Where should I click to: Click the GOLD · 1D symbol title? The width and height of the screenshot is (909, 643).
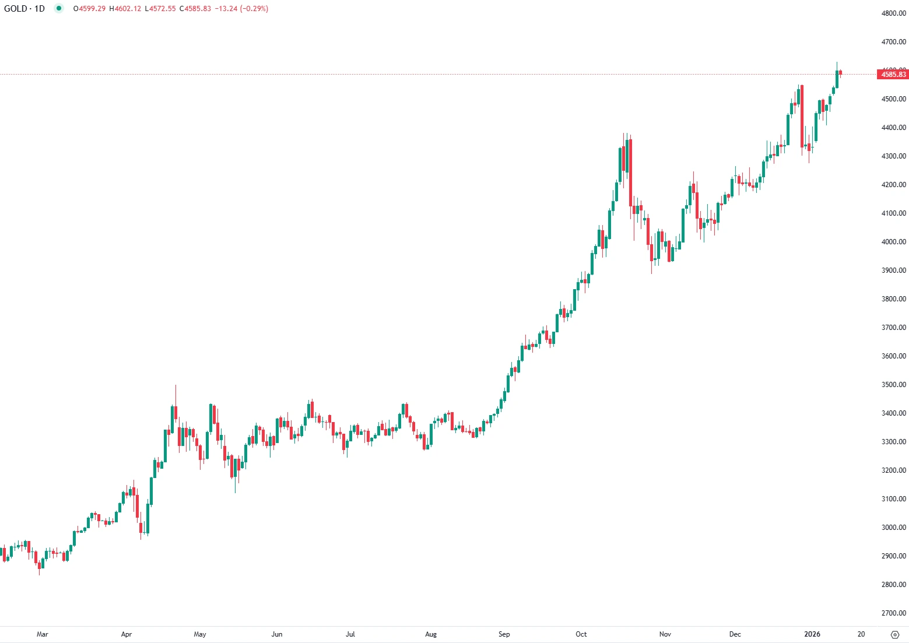click(x=24, y=9)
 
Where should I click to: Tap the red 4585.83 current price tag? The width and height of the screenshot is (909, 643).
click(x=893, y=74)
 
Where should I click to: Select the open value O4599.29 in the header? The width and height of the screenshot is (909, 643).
click(x=89, y=9)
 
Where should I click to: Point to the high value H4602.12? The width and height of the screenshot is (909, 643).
click(x=125, y=9)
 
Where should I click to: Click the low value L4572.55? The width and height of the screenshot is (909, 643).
click(x=160, y=9)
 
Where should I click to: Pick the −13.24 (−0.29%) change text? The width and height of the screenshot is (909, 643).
click(x=242, y=9)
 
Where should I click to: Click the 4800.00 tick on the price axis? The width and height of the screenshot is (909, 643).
click(x=893, y=13)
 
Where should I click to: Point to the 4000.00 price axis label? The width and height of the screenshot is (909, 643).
click(x=893, y=242)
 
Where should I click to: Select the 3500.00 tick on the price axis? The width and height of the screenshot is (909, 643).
click(x=893, y=385)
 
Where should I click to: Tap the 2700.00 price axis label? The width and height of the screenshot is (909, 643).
click(x=893, y=613)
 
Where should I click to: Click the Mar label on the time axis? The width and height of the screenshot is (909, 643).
click(x=42, y=634)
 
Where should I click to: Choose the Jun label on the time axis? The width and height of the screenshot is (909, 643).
click(x=277, y=634)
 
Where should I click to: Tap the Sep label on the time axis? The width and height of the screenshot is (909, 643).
click(x=504, y=634)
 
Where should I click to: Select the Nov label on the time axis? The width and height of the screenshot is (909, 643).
click(x=665, y=634)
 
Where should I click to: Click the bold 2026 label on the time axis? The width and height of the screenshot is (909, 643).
click(x=812, y=634)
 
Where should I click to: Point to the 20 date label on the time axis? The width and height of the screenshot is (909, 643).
click(x=861, y=634)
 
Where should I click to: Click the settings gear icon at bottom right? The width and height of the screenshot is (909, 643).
click(x=896, y=634)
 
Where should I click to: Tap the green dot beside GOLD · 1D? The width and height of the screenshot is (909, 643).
click(x=59, y=9)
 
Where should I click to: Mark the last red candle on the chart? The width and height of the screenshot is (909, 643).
click(x=841, y=72)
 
